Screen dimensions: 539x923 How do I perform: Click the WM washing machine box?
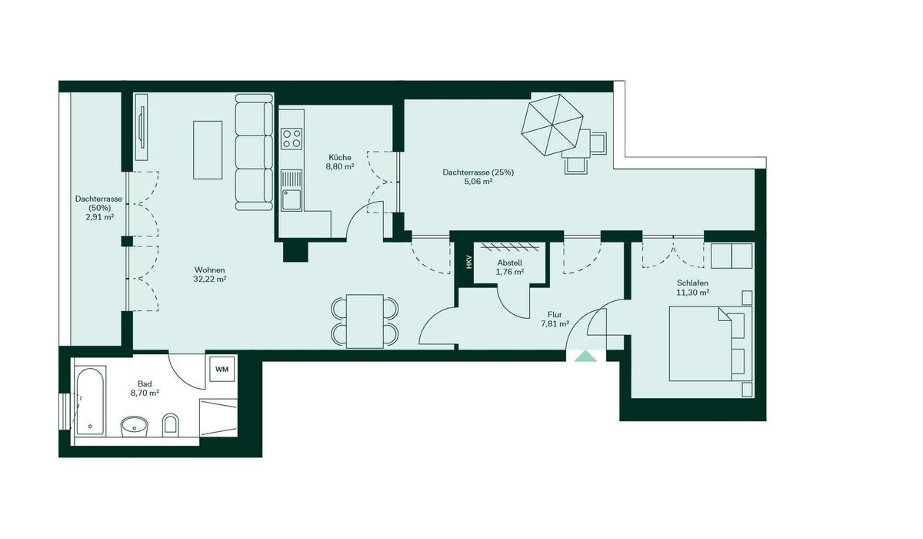click(x=222, y=370)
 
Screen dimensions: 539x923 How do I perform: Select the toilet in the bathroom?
click(x=171, y=423)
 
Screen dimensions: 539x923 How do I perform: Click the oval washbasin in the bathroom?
click(x=136, y=424)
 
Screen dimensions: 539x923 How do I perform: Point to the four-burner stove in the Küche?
click(x=292, y=139)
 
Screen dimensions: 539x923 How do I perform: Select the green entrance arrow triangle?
click(x=586, y=357)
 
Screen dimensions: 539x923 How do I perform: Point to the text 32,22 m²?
click(x=210, y=280)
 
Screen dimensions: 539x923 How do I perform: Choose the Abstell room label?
click(x=510, y=262)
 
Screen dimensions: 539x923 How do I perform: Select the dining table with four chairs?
click(x=365, y=320)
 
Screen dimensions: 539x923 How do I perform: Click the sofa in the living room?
click(x=254, y=152)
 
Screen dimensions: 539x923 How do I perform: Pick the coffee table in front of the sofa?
click(x=207, y=149)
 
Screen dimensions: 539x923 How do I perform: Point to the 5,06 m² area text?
click(x=478, y=182)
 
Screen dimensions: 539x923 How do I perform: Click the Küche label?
click(x=339, y=156)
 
